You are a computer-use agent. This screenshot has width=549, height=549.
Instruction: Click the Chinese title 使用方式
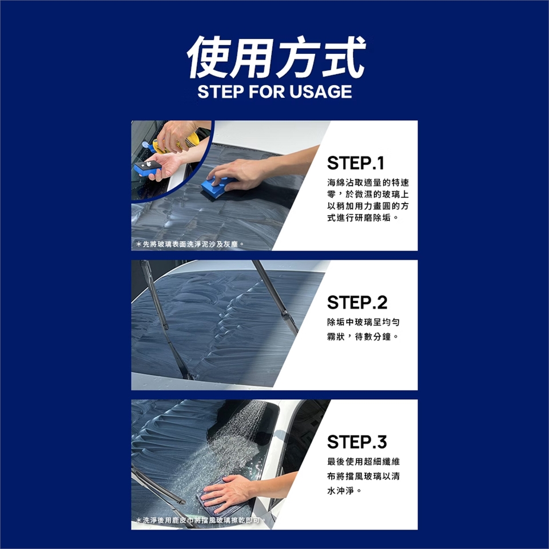[x=276, y=57]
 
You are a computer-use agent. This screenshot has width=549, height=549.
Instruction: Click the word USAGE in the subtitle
[x=320, y=91]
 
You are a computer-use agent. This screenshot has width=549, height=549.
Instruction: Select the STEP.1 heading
[x=355, y=163]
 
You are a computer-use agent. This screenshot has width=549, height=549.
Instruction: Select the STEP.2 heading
[x=357, y=303]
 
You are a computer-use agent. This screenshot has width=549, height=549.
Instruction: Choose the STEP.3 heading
[x=357, y=442]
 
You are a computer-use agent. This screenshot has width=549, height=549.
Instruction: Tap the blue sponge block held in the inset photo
[x=147, y=168]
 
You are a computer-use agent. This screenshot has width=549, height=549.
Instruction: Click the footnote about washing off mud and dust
[x=189, y=244]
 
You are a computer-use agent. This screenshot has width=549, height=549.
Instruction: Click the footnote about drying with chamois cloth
[x=200, y=520]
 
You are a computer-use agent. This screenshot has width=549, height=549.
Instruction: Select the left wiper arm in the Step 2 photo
[x=165, y=320]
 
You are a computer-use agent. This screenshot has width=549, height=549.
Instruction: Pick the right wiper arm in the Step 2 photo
[x=275, y=297]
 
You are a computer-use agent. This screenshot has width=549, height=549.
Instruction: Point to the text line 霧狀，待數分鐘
[x=363, y=336]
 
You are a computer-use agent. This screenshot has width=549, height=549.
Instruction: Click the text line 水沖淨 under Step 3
[x=344, y=491]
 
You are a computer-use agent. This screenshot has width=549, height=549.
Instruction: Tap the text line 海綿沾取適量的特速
[x=368, y=182]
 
